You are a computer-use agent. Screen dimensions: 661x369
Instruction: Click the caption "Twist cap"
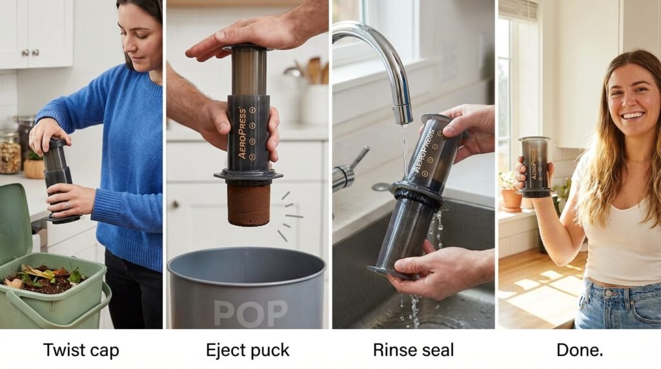click(x=81, y=350)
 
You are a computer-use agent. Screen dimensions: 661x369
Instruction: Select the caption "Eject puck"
click(x=247, y=350)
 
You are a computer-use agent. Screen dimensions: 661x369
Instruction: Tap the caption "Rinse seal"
click(x=413, y=350)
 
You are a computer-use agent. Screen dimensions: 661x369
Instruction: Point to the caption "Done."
click(x=580, y=350)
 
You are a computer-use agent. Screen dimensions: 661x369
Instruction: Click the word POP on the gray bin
click(x=250, y=314)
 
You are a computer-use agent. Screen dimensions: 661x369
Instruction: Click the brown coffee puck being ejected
click(x=249, y=203)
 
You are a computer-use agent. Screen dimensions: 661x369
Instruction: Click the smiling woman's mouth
click(x=633, y=115)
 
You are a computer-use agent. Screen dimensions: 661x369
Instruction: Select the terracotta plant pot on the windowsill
click(x=511, y=200)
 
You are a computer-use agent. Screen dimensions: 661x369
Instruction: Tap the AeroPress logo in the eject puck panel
click(x=242, y=133)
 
